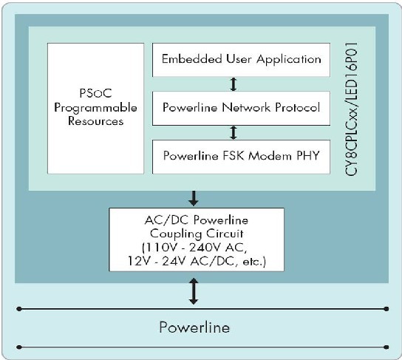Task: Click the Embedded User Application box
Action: [241, 60]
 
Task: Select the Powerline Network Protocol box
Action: [241, 108]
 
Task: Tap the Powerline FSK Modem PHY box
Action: [241, 157]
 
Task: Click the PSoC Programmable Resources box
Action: [95, 109]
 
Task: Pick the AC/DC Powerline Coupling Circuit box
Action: [197, 240]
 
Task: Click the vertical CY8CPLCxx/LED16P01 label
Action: [351, 109]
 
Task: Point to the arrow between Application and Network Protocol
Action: [233, 84]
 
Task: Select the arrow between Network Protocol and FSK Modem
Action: [233, 132]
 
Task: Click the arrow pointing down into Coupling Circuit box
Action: [194, 198]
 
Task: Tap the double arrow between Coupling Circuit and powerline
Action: [194, 291]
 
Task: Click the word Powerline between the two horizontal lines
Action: [194, 327]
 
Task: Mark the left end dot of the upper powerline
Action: [19, 309]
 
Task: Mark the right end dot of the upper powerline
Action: [386, 309]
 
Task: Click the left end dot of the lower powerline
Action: [19, 347]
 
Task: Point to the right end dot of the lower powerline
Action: [386, 347]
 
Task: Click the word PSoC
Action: [95, 93]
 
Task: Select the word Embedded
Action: [192, 59]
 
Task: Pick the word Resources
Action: [95, 121]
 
